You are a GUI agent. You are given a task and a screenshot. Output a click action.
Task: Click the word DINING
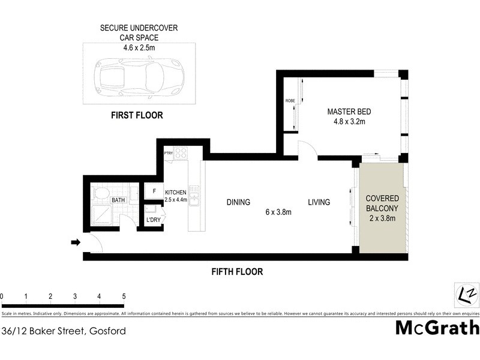click(x=238, y=202)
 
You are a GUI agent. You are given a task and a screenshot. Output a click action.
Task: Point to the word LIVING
click(x=319, y=202)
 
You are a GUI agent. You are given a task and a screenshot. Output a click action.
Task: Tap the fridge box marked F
click(x=154, y=191)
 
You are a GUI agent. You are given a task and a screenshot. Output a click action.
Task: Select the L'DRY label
click(x=153, y=220)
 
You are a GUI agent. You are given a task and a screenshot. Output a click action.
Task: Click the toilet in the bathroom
click(x=101, y=194)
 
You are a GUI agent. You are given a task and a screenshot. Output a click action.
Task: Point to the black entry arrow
click(x=76, y=242)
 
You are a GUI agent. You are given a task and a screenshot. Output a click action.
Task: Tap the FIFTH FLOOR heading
click(x=237, y=272)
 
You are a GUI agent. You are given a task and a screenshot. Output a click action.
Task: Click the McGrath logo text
click(x=437, y=328)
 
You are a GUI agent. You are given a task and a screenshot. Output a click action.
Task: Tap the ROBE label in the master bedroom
click(x=289, y=101)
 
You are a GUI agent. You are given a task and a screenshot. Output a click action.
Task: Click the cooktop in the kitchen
click(x=181, y=152)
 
